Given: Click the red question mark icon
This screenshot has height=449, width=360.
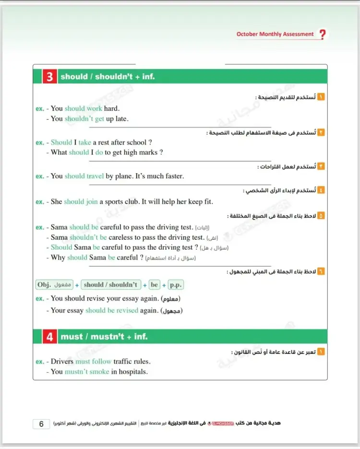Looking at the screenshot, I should click(x=322, y=35).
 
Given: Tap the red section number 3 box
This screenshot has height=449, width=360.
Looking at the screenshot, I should click(x=49, y=77).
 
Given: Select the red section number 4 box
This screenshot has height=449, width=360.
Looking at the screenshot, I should click(x=49, y=337).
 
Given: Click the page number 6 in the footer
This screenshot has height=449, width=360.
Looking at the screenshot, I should click(x=41, y=424).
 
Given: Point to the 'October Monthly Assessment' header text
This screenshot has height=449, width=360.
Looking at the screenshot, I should click(x=275, y=35).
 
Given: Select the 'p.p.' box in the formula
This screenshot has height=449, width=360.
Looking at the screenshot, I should click(x=176, y=285).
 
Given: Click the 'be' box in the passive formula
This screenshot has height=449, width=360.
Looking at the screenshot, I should click(x=154, y=285).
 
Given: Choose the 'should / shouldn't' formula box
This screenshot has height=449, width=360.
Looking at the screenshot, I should click(x=110, y=285).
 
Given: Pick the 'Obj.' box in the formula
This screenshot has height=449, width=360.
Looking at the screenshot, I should click(x=54, y=285).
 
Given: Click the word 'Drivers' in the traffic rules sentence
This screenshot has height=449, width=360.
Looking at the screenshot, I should click(x=62, y=361).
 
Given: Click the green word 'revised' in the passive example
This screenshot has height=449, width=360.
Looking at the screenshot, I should click(x=127, y=311).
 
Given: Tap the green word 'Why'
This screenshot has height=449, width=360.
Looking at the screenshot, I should click(x=58, y=257).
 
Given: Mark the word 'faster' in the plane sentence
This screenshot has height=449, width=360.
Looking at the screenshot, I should click(x=172, y=176).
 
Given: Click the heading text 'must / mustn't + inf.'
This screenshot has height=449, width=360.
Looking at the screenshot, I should click(x=104, y=337).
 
